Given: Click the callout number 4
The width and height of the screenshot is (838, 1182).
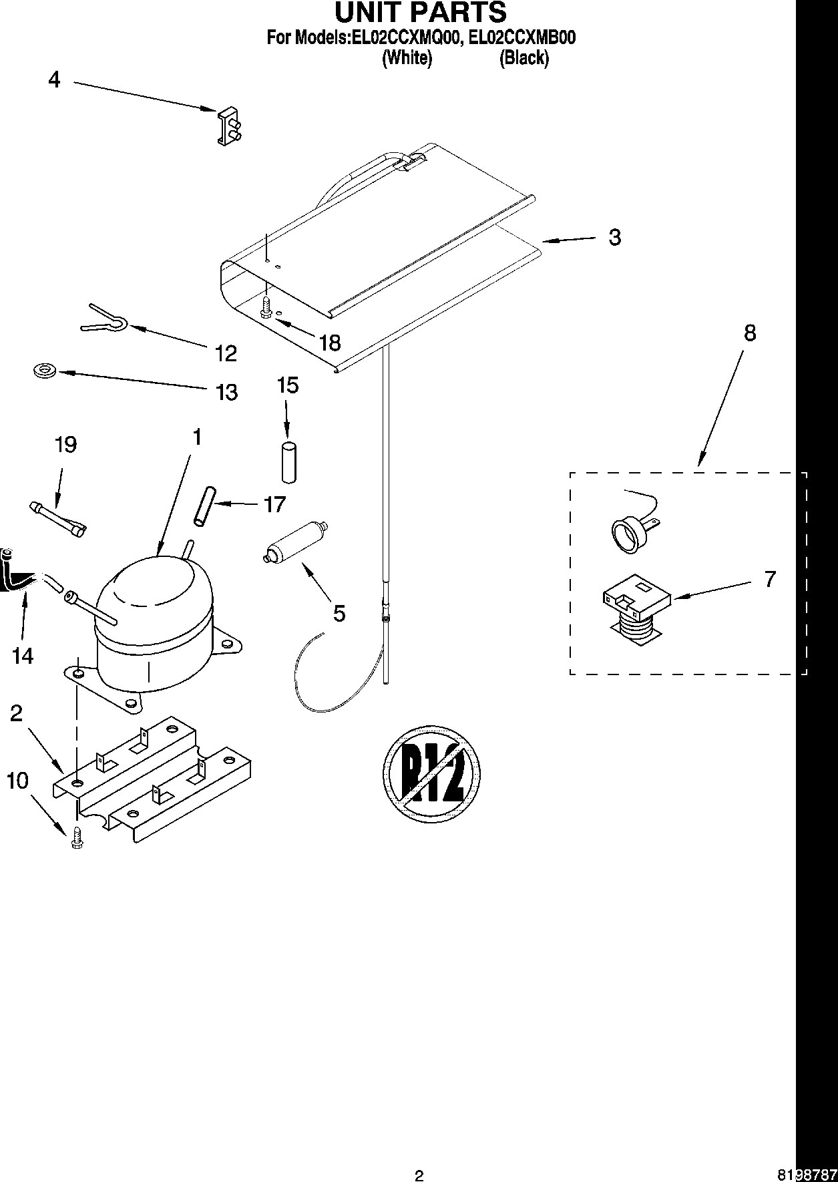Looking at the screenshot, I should point(54,80).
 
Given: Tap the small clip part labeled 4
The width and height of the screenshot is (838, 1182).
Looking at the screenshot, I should point(228,126).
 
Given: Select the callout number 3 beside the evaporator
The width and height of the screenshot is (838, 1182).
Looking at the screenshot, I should point(614,237).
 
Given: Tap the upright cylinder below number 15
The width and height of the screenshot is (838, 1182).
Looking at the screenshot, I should point(288,461).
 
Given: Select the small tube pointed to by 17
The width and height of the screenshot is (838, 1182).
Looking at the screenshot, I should point(203,506).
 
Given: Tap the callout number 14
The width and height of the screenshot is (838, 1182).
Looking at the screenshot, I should point(23,656).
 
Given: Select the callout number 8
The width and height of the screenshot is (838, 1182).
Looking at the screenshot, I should point(749,333).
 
